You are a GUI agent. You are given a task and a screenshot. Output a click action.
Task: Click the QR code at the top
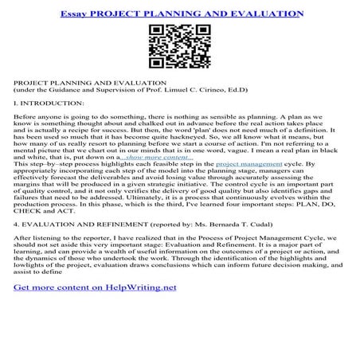pyautogui.click(x=180, y=45)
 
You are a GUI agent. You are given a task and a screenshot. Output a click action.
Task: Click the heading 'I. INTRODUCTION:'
pyautogui.click(x=44, y=104)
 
